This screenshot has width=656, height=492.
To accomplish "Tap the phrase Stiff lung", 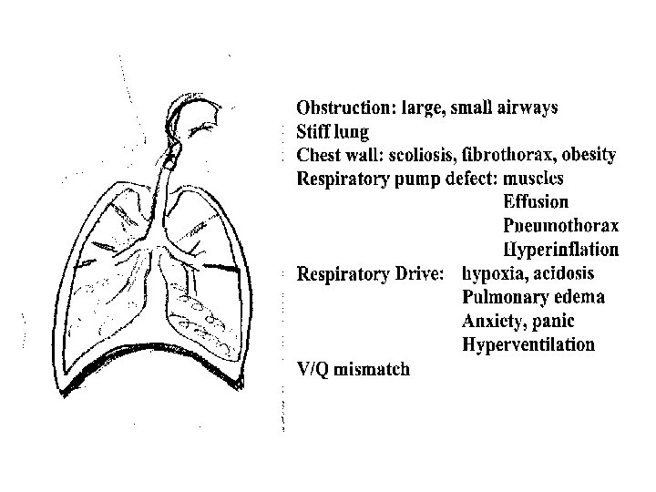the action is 331,132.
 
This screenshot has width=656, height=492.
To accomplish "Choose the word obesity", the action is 590,156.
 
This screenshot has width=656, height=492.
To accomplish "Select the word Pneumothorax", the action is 560,226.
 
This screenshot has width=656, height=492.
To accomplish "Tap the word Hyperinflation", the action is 561,250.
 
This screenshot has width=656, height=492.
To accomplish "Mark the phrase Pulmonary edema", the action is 533,297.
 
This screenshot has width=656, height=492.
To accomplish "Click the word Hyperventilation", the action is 528,344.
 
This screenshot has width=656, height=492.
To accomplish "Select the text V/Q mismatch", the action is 354,369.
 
